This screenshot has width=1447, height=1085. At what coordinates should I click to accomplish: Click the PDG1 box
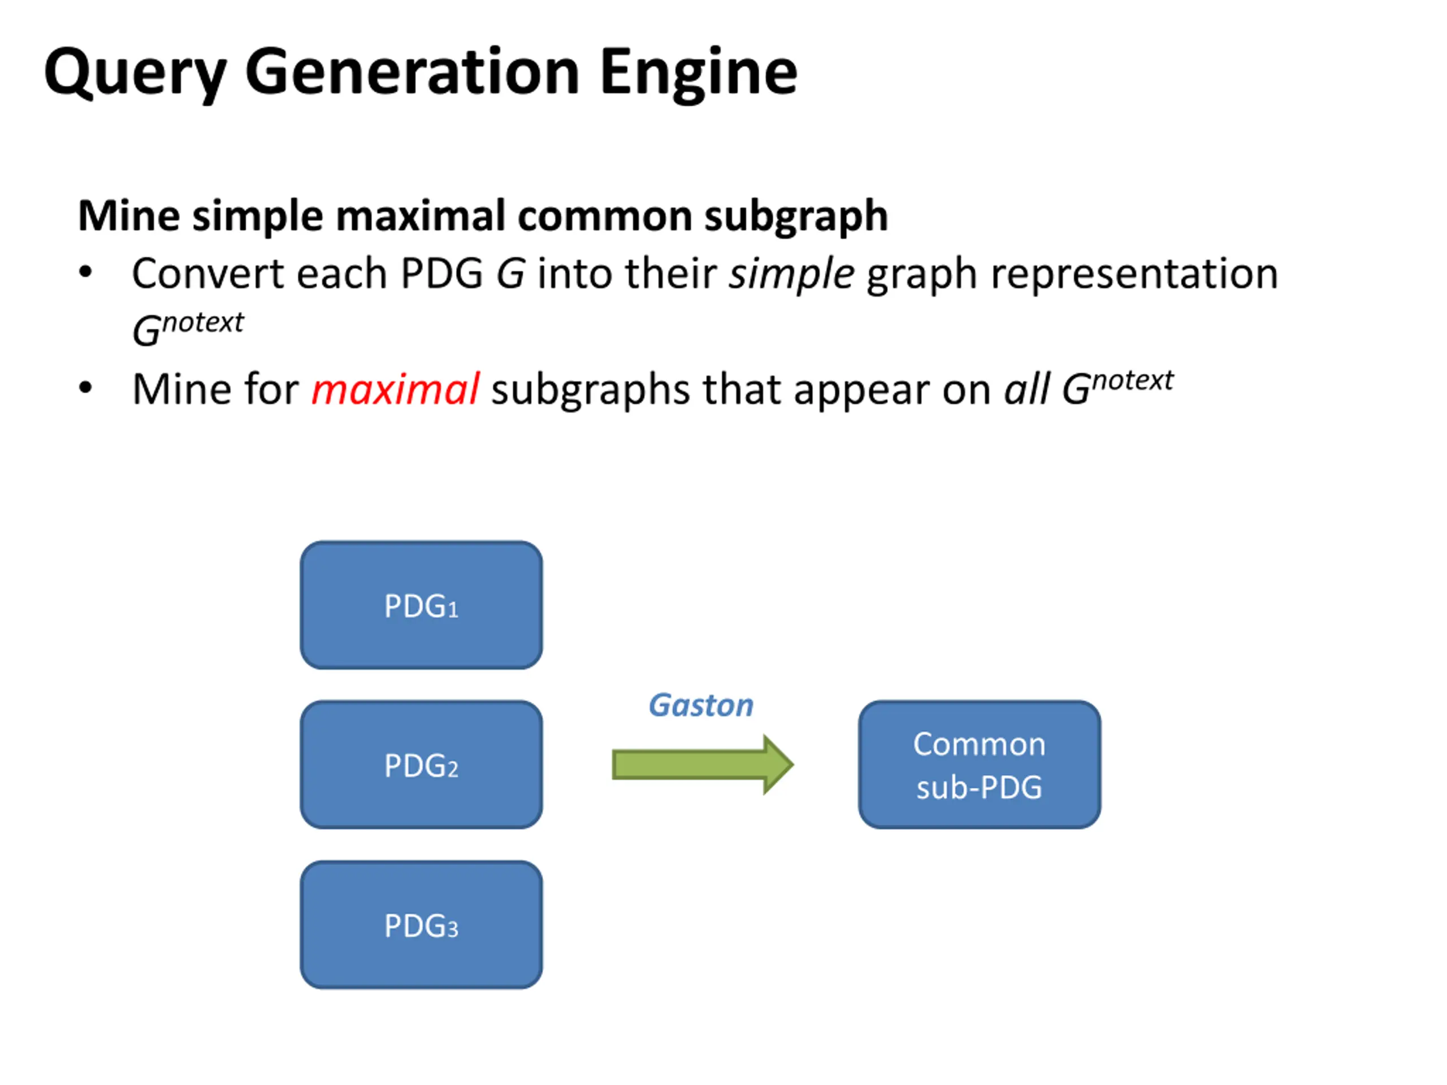pos(421,605)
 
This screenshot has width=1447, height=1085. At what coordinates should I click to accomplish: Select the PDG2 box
pos(421,765)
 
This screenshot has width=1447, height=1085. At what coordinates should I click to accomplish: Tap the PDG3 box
pos(421,924)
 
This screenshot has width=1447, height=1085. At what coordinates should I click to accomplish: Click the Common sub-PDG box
pos(980,765)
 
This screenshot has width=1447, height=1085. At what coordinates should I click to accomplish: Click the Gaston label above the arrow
pos(700,705)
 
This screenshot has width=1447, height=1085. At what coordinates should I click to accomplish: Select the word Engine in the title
pos(698,73)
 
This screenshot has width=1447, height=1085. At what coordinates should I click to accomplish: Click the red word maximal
pos(395,390)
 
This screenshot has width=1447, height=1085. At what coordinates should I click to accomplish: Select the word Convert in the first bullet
pos(207,274)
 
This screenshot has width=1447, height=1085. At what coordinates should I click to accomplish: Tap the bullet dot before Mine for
pos(85,388)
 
